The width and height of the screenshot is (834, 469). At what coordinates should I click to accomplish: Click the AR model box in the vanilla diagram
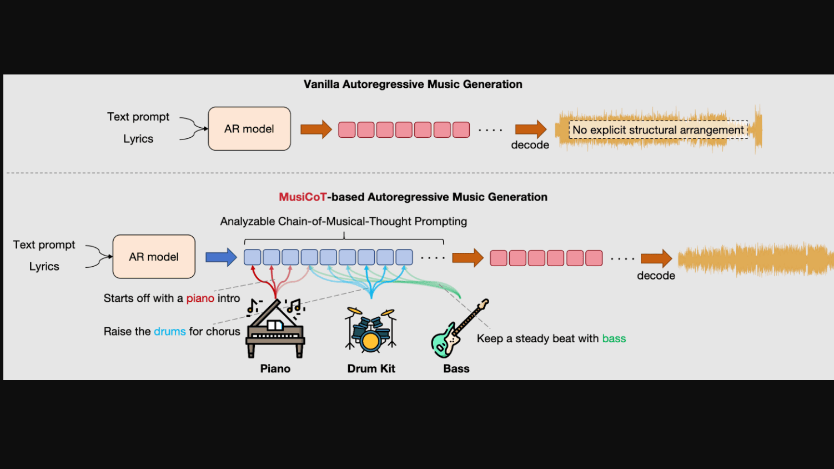coord(249,129)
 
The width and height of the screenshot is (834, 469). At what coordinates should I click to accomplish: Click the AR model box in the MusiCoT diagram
coord(154,257)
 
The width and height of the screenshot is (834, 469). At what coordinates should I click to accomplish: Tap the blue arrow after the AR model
coord(221,257)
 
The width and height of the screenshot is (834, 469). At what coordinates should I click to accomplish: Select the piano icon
coord(275,330)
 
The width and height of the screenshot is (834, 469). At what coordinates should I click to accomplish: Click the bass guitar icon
coord(459,330)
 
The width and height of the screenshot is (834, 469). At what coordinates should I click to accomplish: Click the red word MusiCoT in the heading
coord(303,197)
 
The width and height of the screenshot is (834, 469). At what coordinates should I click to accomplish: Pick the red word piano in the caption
coord(200,298)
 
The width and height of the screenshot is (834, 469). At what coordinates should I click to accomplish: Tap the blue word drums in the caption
coord(169,332)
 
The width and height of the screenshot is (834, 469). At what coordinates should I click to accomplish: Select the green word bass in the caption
coord(614,339)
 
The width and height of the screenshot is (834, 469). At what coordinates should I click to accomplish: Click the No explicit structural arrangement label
coord(658,130)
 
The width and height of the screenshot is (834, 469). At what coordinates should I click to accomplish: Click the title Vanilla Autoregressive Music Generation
coord(413,84)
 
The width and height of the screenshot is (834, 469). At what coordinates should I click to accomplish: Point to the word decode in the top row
coord(530,145)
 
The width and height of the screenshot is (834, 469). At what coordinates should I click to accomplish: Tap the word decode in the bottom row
coord(656,276)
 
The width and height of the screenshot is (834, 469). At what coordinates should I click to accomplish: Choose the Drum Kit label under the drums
coord(371,369)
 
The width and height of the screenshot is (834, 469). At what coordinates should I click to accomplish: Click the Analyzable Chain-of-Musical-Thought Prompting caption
coord(343,222)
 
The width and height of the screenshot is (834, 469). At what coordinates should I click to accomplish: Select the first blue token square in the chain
coord(253,257)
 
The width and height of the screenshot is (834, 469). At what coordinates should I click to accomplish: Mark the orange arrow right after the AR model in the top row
coord(315,129)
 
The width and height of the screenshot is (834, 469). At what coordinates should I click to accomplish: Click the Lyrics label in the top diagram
coord(138,139)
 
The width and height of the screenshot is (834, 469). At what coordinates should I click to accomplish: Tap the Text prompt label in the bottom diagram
coord(44,245)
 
